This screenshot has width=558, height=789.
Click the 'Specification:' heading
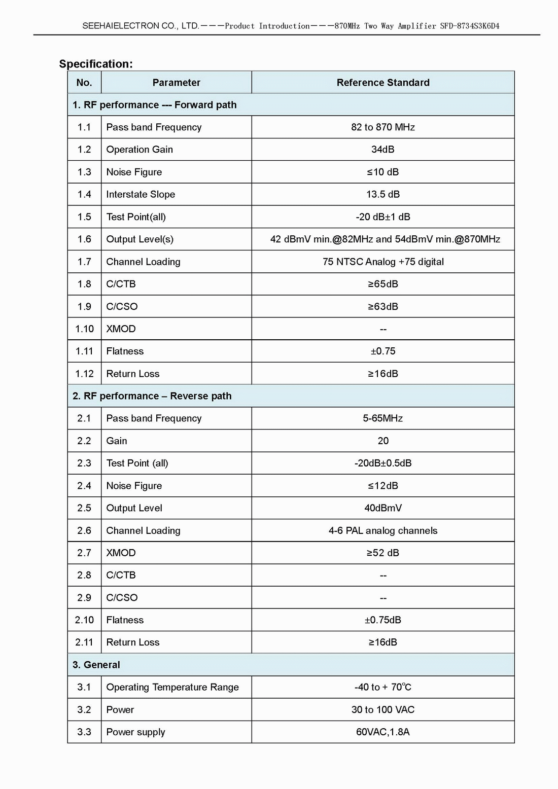(96, 64)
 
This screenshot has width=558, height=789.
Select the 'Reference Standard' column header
(383, 83)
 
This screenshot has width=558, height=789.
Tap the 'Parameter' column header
(176, 83)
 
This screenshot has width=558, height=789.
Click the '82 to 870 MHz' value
(383, 127)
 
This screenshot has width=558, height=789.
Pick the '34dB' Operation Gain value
(383, 150)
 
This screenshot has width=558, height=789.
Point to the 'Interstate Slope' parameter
(141, 194)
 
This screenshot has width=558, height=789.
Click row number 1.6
(84, 239)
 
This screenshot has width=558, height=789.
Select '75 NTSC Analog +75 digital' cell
(383, 262)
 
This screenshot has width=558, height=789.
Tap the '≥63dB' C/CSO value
(383, 306)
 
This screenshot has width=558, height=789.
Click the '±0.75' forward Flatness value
(383, 351)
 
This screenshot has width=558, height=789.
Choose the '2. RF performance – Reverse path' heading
(152, 396)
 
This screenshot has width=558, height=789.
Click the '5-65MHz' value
(383, 418)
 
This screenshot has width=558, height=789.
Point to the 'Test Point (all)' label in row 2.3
(137, 463)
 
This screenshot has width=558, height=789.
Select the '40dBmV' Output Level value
(383, 508)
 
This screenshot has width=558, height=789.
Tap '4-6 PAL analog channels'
(383, 530)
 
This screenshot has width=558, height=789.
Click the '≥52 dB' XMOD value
(383, 553)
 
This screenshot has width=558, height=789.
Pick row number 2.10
(84, 620)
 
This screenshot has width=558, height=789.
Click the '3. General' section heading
(96, 665)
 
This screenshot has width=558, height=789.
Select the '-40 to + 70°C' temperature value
(383, 687)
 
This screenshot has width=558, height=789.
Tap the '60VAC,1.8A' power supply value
(383, 732)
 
